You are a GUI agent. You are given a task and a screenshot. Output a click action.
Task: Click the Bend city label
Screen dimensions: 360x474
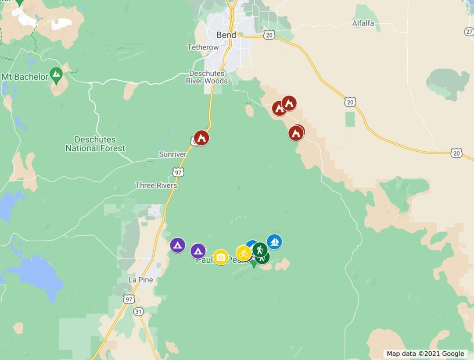[226, 35]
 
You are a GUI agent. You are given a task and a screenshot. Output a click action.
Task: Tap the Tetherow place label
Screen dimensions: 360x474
[203, 47]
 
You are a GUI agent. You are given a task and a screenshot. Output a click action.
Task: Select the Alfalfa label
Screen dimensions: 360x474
[363, 23]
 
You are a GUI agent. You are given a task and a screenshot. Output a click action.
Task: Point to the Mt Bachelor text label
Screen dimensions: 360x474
[25, 77]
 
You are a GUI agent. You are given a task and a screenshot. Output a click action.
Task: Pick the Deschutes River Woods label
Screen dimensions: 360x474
[207, 77]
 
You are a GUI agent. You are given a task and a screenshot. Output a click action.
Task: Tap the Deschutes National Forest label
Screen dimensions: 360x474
[95, 144]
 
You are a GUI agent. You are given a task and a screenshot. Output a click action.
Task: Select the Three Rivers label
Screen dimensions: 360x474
[156, 185]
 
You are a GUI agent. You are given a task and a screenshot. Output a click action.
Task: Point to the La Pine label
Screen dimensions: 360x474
[140, 280]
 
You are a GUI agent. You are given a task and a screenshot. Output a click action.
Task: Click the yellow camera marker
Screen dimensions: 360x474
[221, 257]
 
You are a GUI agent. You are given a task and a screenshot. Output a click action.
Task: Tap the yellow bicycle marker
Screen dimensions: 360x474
[244, 253]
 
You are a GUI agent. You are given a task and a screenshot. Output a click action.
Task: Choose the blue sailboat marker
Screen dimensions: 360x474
[274, 242]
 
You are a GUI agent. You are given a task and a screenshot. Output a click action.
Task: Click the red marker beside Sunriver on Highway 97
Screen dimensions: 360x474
[201, 138]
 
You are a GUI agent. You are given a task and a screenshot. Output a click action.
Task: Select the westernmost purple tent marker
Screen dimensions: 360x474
[177, 245]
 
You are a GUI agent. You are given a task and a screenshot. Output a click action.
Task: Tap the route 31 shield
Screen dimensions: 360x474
[139, 311]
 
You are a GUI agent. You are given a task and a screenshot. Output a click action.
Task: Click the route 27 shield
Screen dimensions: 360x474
[469, 32]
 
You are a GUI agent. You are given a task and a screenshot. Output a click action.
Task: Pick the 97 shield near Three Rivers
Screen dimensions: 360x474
[178, 172]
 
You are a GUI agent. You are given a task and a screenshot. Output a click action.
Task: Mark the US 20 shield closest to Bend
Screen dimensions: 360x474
[269, 34]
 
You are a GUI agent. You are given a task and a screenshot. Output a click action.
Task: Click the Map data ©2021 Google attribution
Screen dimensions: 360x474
[425, 354]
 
